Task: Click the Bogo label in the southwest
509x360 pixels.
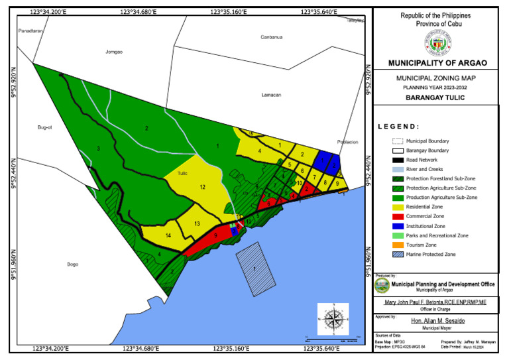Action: (x=73, y=265)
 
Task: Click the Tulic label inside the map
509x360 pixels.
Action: (x=184, y=174)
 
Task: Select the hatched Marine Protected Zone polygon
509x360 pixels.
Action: (x=255, y=268)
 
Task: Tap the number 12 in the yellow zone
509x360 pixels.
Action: (x=202, y=188)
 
